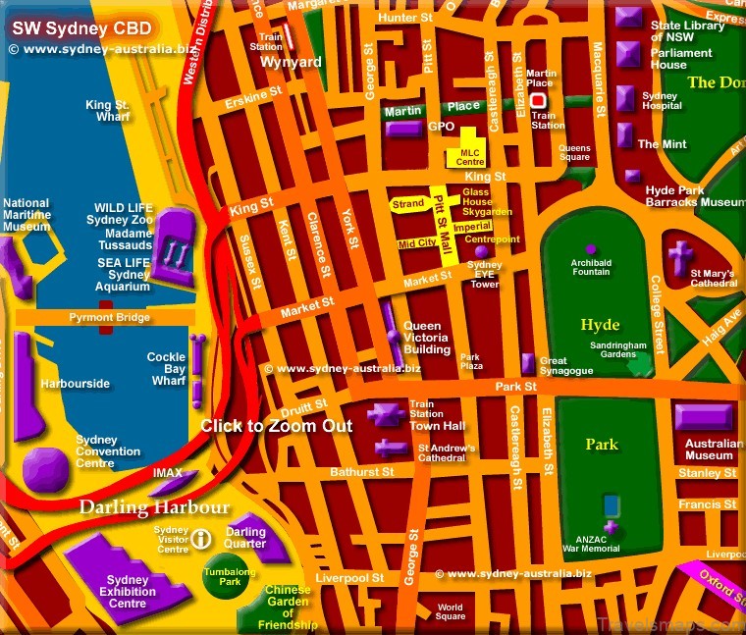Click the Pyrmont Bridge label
109,318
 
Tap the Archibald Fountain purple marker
591,249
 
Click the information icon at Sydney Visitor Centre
201,538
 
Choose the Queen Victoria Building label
428,338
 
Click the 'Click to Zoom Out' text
276,426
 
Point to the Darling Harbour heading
155,507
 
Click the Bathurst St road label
361,472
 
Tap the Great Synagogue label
567,366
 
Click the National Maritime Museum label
27,215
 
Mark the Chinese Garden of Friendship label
288,608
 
